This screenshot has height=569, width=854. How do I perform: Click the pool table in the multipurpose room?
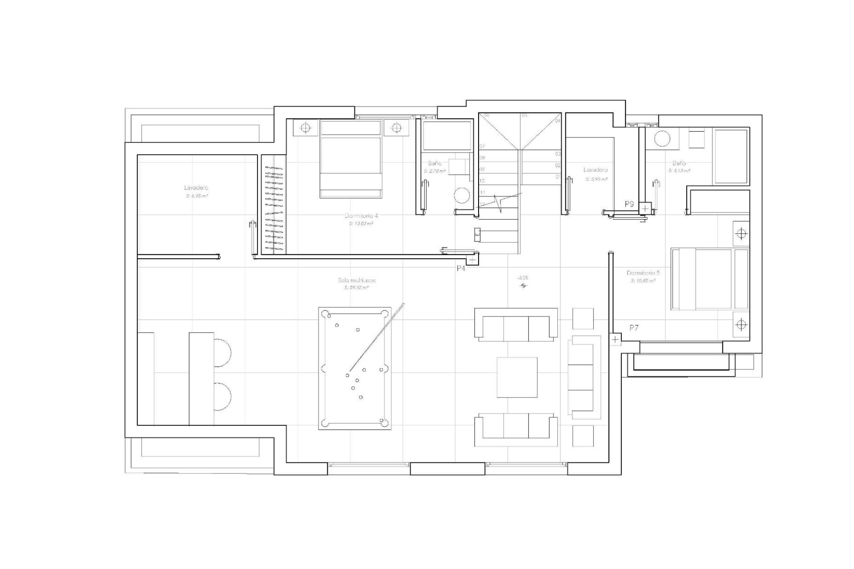[355, 368]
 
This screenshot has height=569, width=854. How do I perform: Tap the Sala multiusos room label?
[357, 280]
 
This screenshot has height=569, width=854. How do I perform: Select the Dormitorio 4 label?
[361, 216]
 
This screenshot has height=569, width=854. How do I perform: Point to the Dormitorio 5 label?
[643, 273]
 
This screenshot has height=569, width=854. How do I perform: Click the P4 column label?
[461, 268]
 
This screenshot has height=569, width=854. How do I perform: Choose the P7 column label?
[634, 328]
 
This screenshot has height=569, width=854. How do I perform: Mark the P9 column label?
[629, 204]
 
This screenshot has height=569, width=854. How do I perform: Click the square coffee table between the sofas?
[517, 377]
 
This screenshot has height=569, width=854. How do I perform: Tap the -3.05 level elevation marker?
[523, 278]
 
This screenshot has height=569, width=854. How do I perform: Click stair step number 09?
[482, 169]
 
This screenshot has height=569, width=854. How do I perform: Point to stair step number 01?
[558, 177]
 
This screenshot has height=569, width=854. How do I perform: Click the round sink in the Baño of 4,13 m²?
[662, 139]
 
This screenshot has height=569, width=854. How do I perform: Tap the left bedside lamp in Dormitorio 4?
[305, 128]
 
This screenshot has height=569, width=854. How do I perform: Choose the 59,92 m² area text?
[356, 288]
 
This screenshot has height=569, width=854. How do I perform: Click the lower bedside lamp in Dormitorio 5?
[741, 325]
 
